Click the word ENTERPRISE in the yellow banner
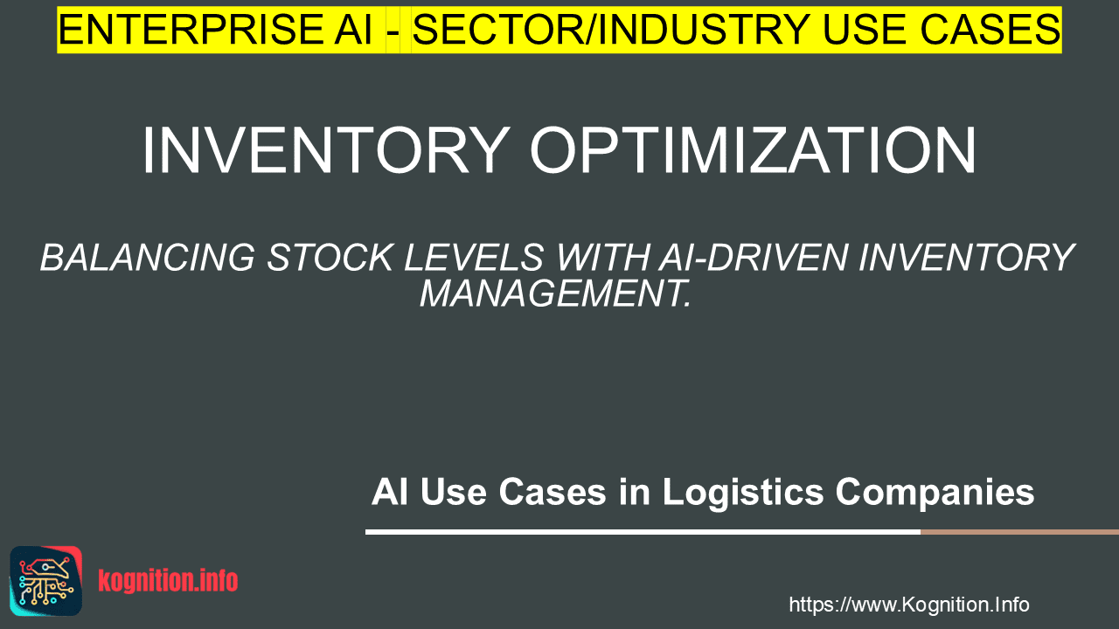(190, 30)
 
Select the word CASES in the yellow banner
(990, 30)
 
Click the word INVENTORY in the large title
(326, 149)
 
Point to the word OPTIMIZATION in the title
(753, 149)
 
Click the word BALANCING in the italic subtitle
(148, 258)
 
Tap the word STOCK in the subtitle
(330, 258)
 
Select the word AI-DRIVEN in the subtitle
(753, 258)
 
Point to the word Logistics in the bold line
(743, 492)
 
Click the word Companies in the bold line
(935, 492)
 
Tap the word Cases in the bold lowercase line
(553, 492)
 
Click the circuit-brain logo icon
(46, 581)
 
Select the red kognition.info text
(168, 581)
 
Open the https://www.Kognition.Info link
(909, 605)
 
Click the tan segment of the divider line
(1019, 532)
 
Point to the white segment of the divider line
(643, 532)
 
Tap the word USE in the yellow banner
(865, 30)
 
